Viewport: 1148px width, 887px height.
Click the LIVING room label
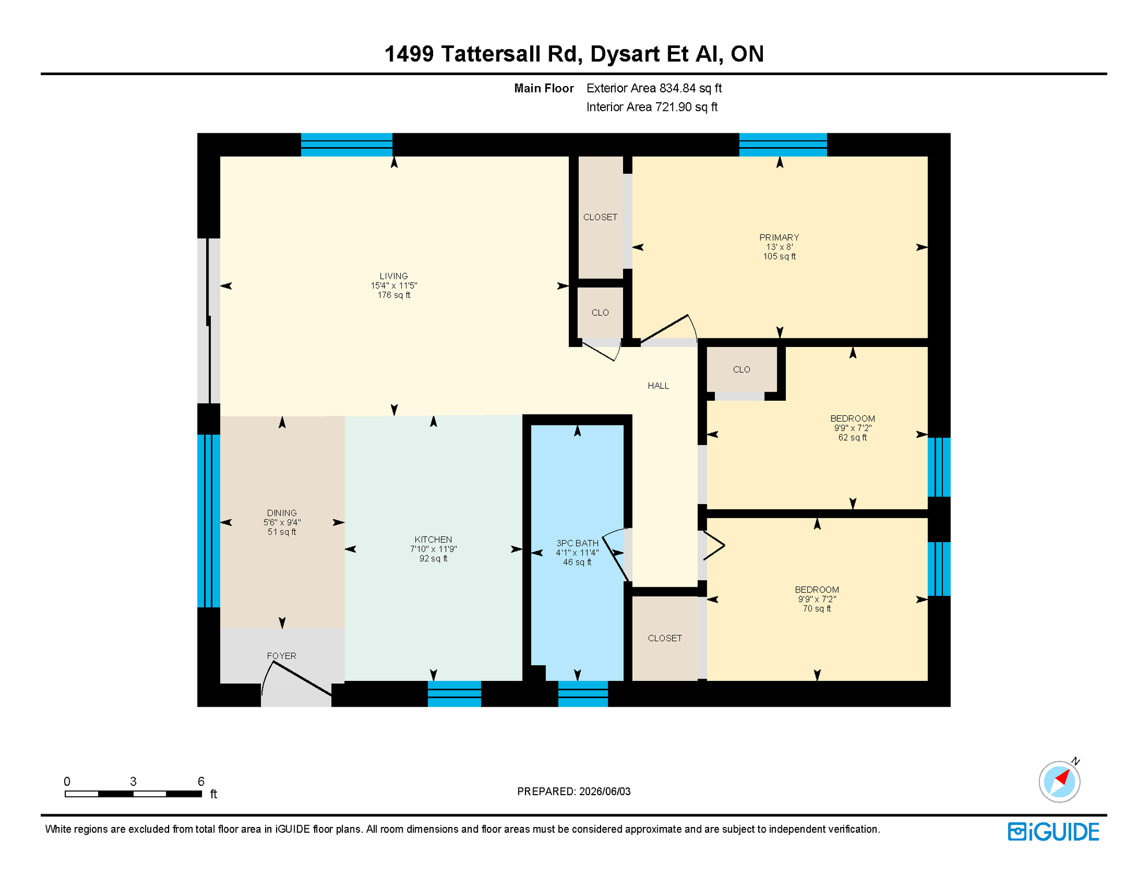click(394, 276)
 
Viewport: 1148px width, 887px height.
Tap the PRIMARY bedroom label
click(779, 237)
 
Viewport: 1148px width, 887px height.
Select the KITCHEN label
click(433, 539)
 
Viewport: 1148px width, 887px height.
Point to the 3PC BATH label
click(577, 543)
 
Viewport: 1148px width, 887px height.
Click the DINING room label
click(282, 513)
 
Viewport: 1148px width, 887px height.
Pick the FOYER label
click(281, 656)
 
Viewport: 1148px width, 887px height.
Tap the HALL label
click(658, 386)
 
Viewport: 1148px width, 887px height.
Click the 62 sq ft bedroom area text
click(852, 438)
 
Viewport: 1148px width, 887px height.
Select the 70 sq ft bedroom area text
click(817, 609)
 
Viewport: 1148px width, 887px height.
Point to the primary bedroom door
click(664, 327)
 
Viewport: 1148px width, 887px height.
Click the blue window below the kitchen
click(454, 694)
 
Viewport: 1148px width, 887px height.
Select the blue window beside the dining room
click(208, 521)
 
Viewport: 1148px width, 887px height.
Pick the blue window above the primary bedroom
click(783, 145)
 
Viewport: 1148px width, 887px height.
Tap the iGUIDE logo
click(1053, 832)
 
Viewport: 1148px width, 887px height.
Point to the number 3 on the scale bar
click(133, 781)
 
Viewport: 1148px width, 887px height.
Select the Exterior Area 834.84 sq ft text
click(654, 88)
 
